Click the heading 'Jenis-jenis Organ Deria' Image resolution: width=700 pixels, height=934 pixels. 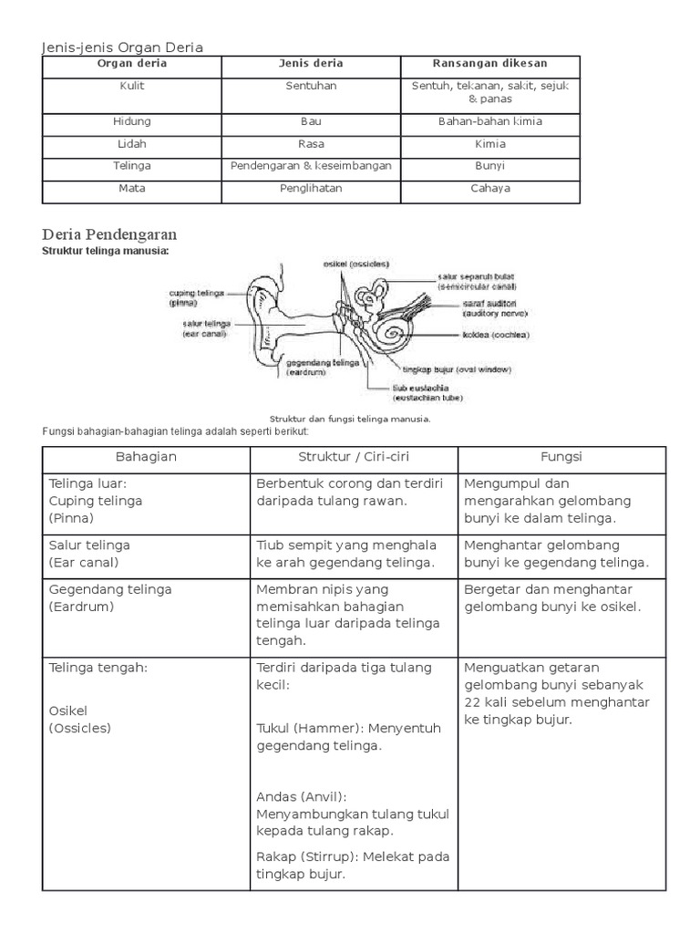tap(123, 47)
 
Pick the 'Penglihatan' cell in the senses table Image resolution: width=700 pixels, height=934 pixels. tap(311, 189)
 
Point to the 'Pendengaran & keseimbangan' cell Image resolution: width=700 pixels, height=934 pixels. tap(311, 166)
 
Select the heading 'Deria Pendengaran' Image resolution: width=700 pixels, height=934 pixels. tap(109, 234)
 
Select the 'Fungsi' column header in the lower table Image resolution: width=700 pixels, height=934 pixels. tap(561, 456)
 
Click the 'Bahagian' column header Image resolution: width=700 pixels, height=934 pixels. tap(146, 456)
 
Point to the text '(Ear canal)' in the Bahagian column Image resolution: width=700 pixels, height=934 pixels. tap(84, 562)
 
